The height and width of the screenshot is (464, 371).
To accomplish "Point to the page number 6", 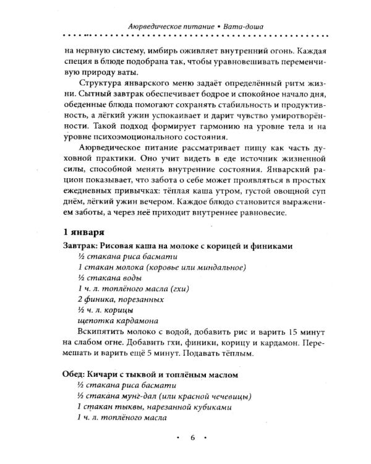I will coord(192,439).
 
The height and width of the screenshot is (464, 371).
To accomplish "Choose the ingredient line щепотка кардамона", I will coord(119,320).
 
